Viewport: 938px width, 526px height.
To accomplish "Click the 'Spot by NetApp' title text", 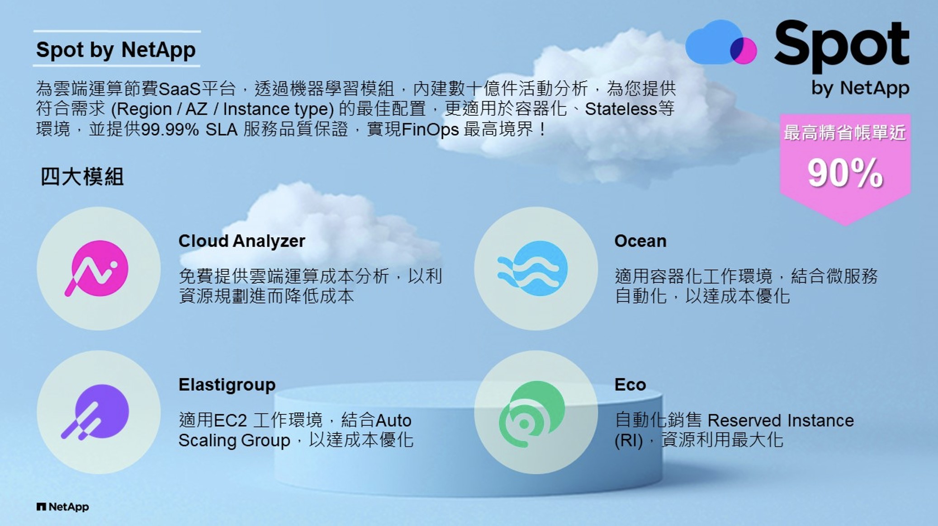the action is point(116,50).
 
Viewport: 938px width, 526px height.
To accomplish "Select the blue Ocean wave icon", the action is point(533,268).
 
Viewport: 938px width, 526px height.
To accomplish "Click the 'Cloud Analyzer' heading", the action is point(242,241).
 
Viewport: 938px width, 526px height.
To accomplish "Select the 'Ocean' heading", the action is point(640,241).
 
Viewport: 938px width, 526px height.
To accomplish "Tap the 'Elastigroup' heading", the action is point(227,385).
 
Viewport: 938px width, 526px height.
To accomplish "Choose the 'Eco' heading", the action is point(630,385).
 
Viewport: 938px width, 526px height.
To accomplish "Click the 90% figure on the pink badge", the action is point(845,173).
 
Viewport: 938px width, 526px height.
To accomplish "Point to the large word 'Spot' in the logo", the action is point(842,45).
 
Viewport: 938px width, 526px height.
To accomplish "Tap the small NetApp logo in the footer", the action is point(63,507).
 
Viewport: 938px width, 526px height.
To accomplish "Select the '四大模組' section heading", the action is point(82,177).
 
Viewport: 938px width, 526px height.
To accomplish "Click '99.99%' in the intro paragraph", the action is point(170,130).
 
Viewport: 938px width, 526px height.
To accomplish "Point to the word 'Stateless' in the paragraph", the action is point(621,109).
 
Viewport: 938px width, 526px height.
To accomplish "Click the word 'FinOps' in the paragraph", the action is point(430,130).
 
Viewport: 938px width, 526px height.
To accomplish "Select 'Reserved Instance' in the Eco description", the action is point(781,421).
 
